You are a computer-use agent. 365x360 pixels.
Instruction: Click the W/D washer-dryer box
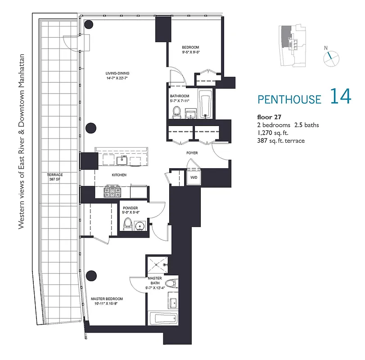[x=194, y=178]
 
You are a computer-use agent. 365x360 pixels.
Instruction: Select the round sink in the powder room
[x=140, y=224]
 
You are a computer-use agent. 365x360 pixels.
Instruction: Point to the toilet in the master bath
[x=170, y=283]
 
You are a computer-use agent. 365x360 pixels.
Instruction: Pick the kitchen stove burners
[x=110, y=192]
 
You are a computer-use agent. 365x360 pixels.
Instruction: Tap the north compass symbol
[x=332, y=56]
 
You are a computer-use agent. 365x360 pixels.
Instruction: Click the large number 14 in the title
[x=340, y=97]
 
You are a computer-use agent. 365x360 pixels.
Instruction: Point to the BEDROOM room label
[x=190, y=47]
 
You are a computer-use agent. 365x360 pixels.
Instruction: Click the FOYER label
[x=192, y=153]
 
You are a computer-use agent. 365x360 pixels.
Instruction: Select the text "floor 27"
[x=269, y=117]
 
